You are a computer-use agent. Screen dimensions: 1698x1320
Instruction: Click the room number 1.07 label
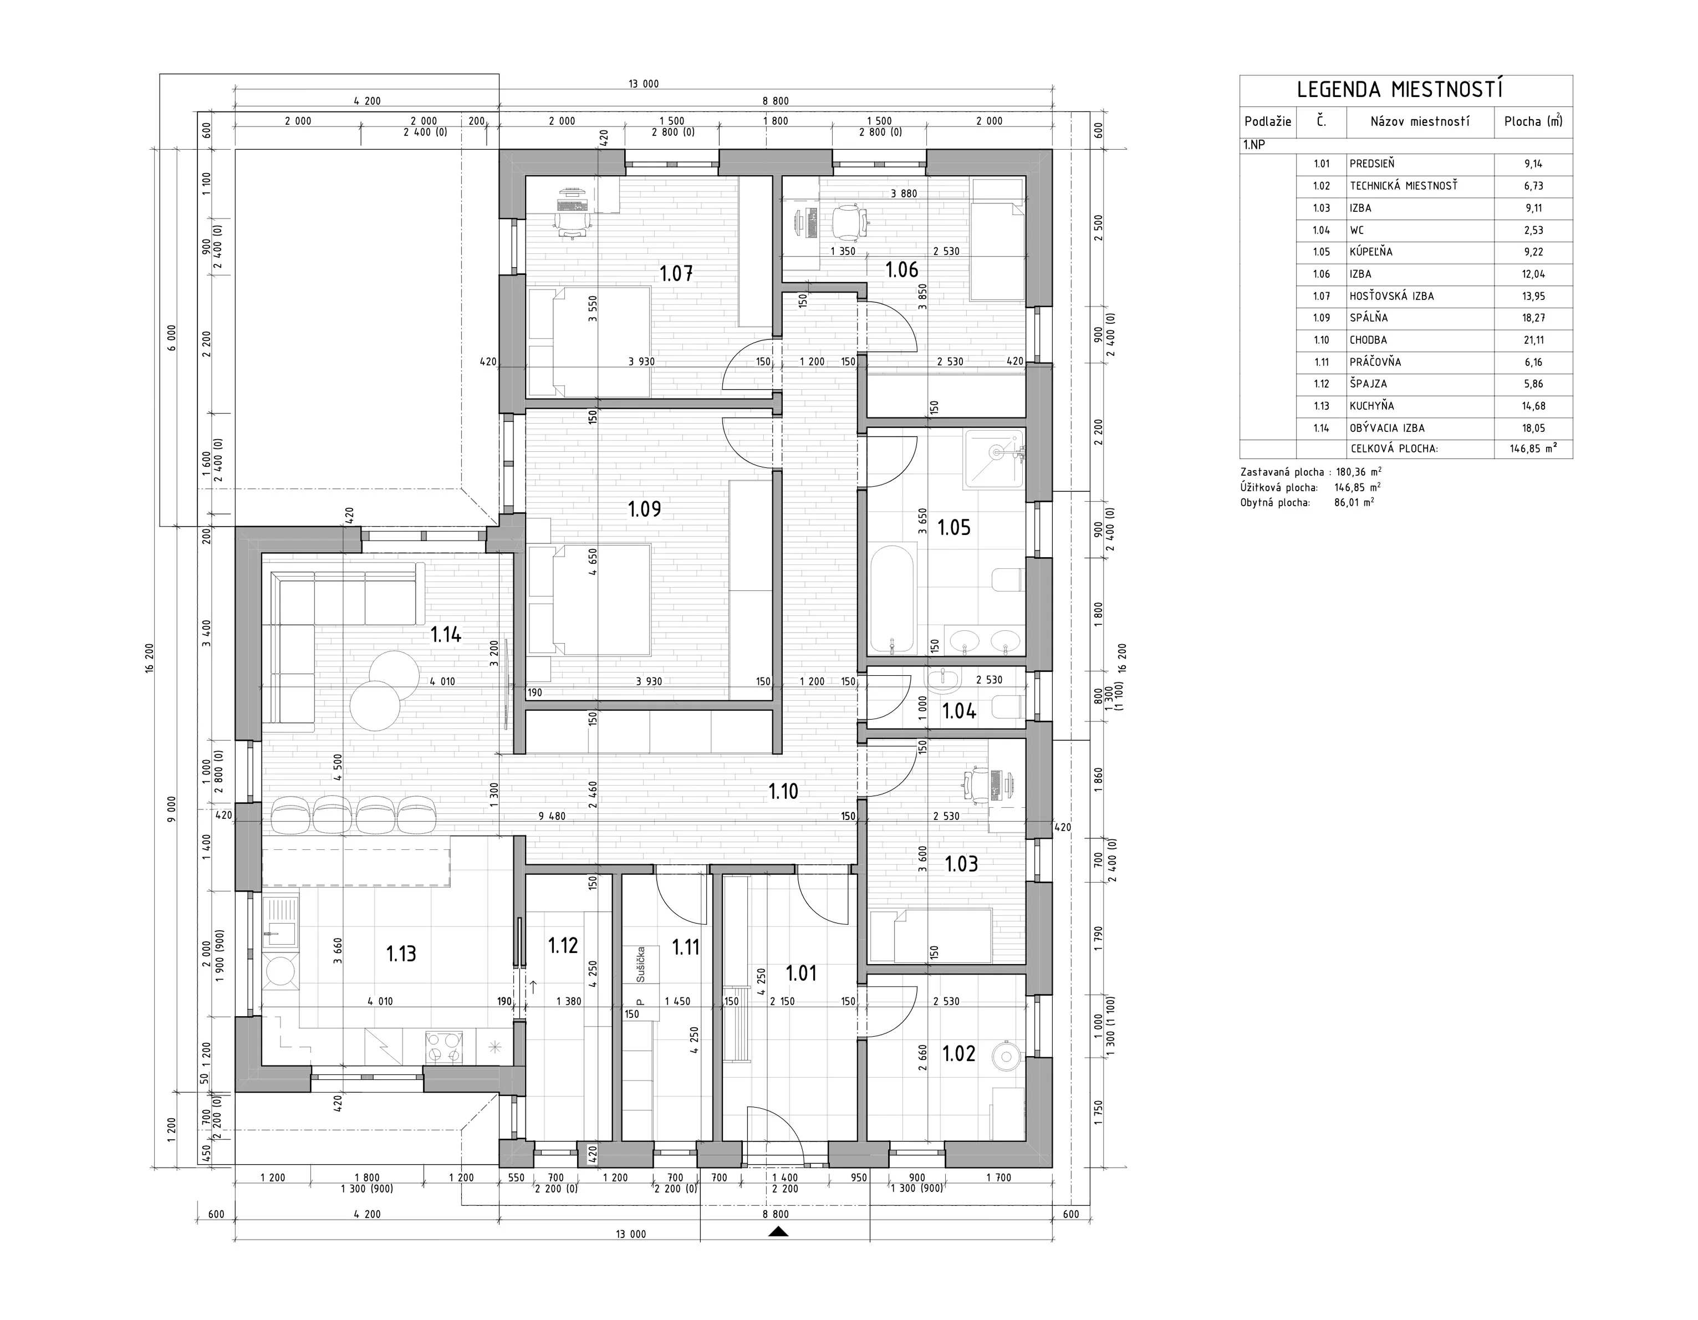(x=676, y=274)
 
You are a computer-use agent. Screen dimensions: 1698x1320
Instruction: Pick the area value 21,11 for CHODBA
(x=1533, y=340)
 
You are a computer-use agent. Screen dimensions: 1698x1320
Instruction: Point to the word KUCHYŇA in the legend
(x=1371, y=406)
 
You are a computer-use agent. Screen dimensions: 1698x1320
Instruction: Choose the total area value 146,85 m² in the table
(x=1533, y=449)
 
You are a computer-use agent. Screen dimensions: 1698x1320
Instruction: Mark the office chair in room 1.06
(x=849, y=222)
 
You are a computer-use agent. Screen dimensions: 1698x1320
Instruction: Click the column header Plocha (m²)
(x=1533, y=121)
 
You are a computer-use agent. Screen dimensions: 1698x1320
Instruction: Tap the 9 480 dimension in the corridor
(x=552, y=816)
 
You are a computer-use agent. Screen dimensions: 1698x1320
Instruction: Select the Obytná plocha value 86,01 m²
(x=1354, y=503)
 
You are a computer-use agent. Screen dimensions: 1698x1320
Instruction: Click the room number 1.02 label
(x=958, y=1053)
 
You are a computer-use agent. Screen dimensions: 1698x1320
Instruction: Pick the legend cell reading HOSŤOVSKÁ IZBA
(x=1391, y=296)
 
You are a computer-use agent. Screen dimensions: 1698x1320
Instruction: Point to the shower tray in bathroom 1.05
(x=995, y=460)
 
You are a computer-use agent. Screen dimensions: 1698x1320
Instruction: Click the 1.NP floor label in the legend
(x=1253, y=145)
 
